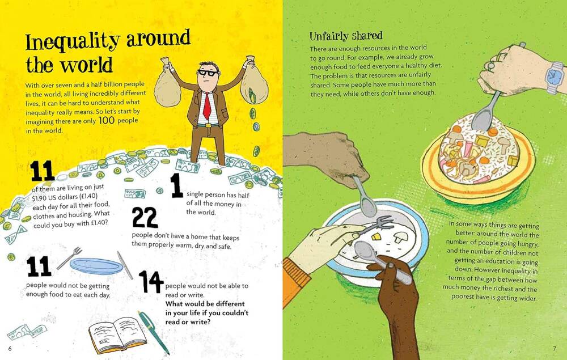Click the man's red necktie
coord(207,105)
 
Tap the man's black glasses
coord(208,73)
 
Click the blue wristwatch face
coord(553,77)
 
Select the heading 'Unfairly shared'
coord(346,36)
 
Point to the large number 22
coord(145,217)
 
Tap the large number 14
coord(151,282)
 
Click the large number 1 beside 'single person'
coord(176,185)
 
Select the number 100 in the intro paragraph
coord(107,120)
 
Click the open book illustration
coord(117,334)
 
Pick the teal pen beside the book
coord(153,332)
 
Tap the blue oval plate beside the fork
coord(96,266)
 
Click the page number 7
coord(555,349)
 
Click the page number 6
coord(10,349)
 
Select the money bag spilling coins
coord(253,83)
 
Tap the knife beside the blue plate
coord(125,265)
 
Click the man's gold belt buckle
coord(208,125)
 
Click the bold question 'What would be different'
coord(205,304)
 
